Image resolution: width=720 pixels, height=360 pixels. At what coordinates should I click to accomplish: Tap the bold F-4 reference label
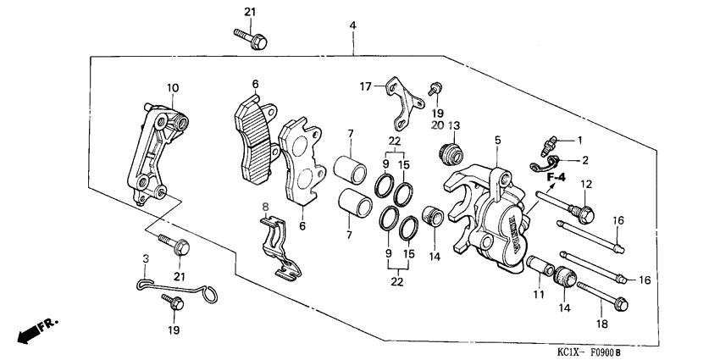tap(556, 177)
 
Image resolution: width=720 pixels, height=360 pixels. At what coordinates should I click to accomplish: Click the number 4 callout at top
tap(352, 27)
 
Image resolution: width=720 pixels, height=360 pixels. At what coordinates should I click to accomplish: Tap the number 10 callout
tap(172, 87)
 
